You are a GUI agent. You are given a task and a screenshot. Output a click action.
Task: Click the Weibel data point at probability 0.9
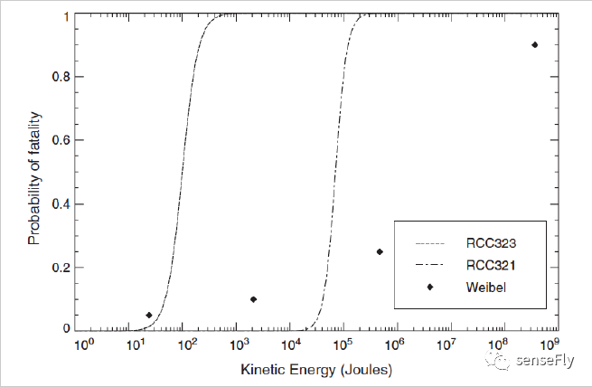[x=535, y=44]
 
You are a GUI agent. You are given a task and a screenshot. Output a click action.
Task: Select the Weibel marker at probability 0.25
[x=380, y=251]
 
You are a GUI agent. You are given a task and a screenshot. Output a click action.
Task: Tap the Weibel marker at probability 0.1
[x=253, y=299]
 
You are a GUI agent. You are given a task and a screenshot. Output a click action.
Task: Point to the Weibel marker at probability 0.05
[x=149, y=315]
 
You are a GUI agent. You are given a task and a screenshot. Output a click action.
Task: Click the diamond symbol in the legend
[x=430, y=287]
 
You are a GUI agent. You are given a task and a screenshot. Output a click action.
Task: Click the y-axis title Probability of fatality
[x=34, y=173]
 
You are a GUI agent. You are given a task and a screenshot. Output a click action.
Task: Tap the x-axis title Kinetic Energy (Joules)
[x=317, y=371]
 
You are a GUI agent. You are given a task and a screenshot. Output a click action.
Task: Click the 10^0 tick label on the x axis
[x=83, y=345]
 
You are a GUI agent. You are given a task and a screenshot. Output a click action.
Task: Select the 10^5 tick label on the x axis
[x=343, y=345]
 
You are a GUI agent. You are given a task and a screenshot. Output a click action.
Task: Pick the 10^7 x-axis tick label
[x=446, y=345]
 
